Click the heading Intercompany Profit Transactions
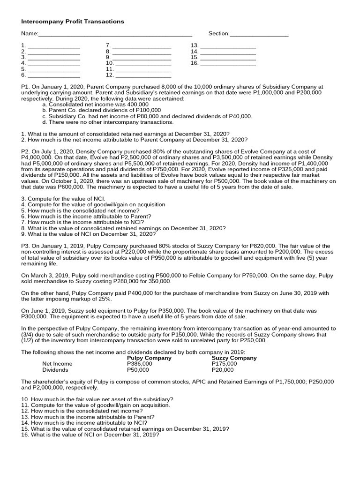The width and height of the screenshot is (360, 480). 73,22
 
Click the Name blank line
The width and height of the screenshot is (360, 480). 114,34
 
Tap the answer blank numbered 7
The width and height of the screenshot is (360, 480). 142,46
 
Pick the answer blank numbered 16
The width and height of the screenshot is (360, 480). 228,63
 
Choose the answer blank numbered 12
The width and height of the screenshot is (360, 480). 143,75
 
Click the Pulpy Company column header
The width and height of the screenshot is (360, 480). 149,358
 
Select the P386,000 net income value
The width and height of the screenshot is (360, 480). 140,364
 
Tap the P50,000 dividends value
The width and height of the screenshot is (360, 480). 138,370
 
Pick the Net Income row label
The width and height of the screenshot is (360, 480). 57,364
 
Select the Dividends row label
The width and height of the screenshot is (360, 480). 55,370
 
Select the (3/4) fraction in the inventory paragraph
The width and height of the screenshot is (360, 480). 30,335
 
